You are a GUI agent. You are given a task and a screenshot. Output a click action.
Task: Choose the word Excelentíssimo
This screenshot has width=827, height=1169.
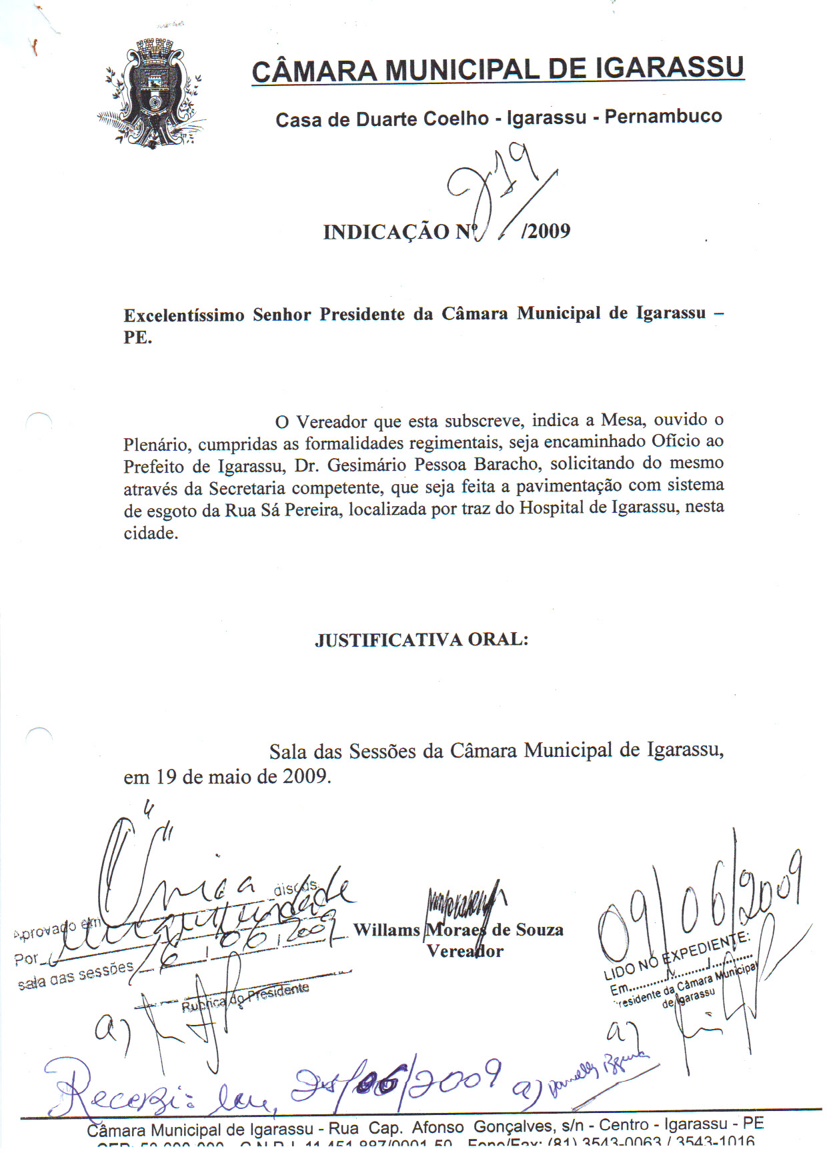[x=184, y=315]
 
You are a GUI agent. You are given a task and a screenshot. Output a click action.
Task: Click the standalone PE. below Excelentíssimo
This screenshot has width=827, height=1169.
[x=137, y=337]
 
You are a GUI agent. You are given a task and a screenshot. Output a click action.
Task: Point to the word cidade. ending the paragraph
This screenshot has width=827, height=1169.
[x=151, y=533]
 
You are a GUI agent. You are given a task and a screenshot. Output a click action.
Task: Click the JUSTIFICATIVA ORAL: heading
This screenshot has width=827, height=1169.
[x=422, y=640]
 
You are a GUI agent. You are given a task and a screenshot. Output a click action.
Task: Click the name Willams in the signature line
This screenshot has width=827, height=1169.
[x=386, y=930]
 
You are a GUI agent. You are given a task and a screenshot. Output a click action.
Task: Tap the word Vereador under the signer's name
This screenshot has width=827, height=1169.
[x=465, y=952]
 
